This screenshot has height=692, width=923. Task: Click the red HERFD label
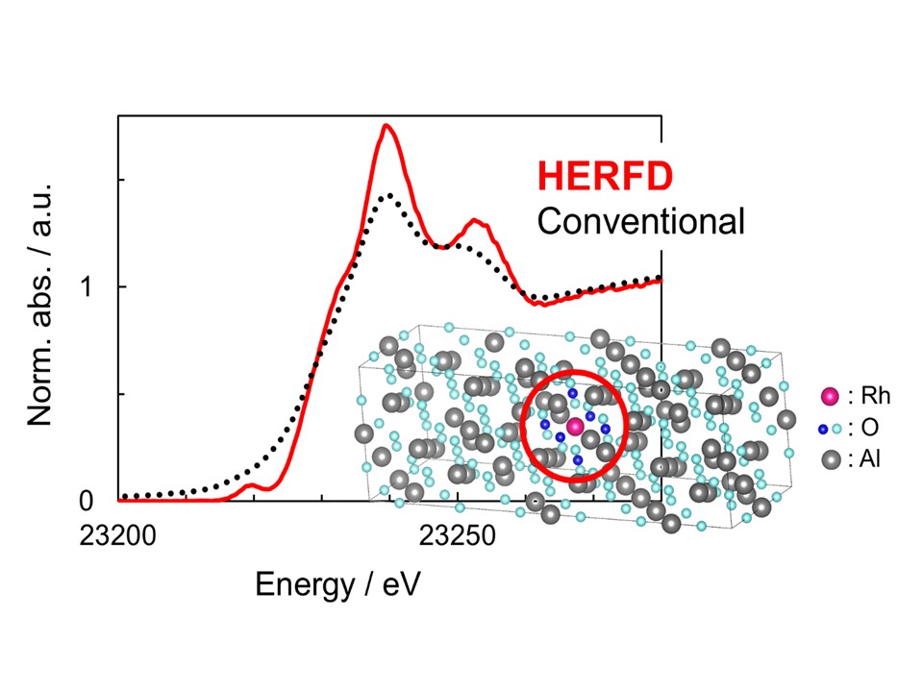605,176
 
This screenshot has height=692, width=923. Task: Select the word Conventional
641,222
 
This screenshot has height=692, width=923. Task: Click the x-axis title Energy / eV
337,583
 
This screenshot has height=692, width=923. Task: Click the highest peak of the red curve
387,126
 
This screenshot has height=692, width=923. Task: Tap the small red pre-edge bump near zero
253,485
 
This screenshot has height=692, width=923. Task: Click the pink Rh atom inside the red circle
575,427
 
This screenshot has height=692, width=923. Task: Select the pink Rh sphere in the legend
830,396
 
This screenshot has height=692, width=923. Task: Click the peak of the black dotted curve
387,196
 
